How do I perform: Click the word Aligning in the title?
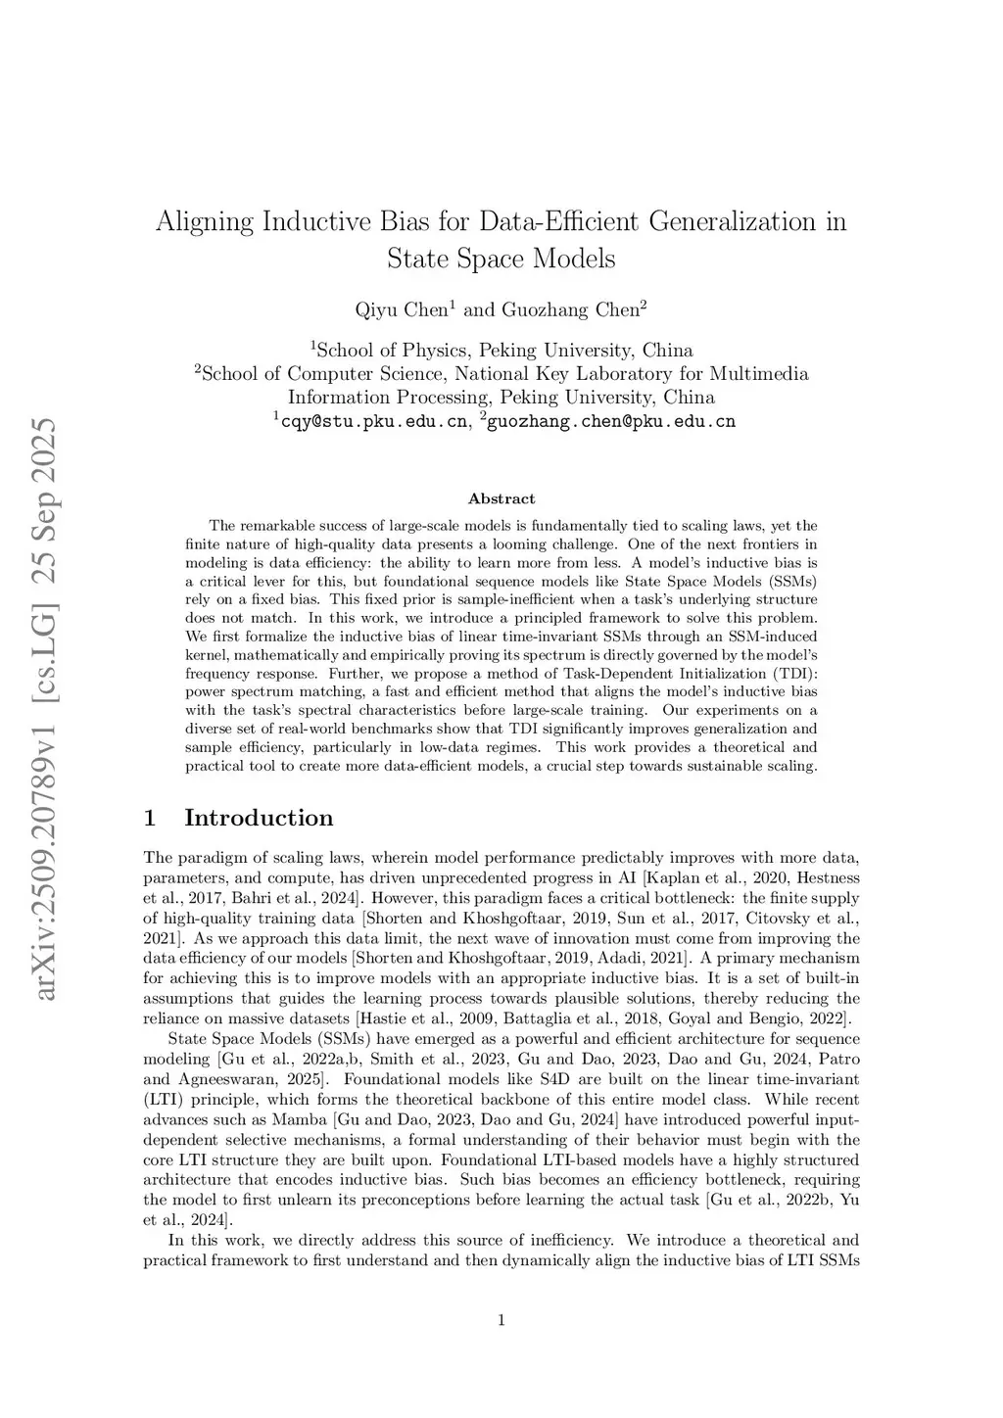point(204,222)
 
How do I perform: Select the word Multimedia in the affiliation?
point(759,373)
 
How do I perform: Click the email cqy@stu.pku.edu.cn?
point(374,422)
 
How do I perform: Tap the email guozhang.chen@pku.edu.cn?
point(611,422)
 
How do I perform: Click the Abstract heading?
point(501,498)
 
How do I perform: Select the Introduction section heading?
point(259,818)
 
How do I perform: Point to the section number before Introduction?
point(150,818)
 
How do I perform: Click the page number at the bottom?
point(501,1320)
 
